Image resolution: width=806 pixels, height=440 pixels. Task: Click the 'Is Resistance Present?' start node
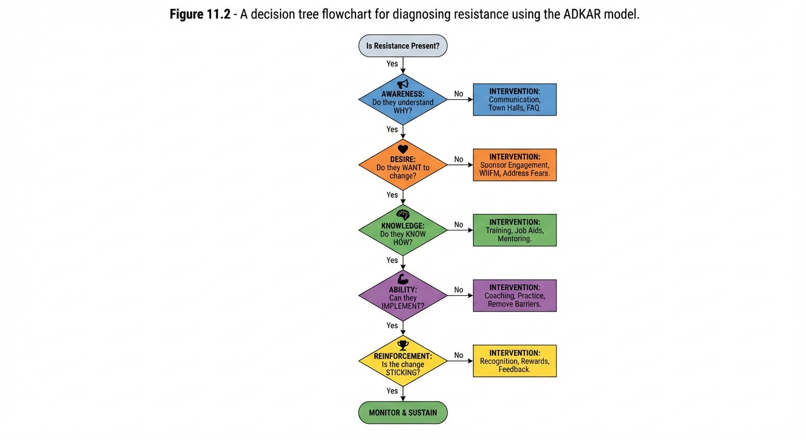[x=402, y=46]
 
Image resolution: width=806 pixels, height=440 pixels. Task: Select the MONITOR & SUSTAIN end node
[x=402, y=412]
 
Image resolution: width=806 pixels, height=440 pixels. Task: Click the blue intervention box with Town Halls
[x=514, y=100]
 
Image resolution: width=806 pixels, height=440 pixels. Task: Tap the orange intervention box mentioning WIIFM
[x=514, y=165]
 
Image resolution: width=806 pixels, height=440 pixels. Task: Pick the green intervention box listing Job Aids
[x=514, y=230]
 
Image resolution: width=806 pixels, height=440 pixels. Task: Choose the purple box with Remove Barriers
[x=514, y=296]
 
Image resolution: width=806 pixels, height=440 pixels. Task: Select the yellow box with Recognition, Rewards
[x=514, y=361]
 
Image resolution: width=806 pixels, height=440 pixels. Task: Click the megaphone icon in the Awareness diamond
[x=403, y=84]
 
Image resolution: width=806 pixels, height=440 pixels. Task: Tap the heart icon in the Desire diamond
[x=403, y=150]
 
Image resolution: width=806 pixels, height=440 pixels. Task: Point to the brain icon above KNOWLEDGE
[x=403, y=214]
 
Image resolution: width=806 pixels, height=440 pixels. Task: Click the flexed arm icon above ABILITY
[x=403, y=280]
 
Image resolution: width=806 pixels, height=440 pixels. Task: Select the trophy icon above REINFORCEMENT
[x=403, y=345]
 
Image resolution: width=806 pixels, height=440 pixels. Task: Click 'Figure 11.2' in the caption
[x=200, y=14]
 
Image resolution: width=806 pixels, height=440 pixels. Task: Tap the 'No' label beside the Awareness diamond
[x=459, y=94]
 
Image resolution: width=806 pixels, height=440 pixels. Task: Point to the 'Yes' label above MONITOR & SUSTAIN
[x=392, y=391]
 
